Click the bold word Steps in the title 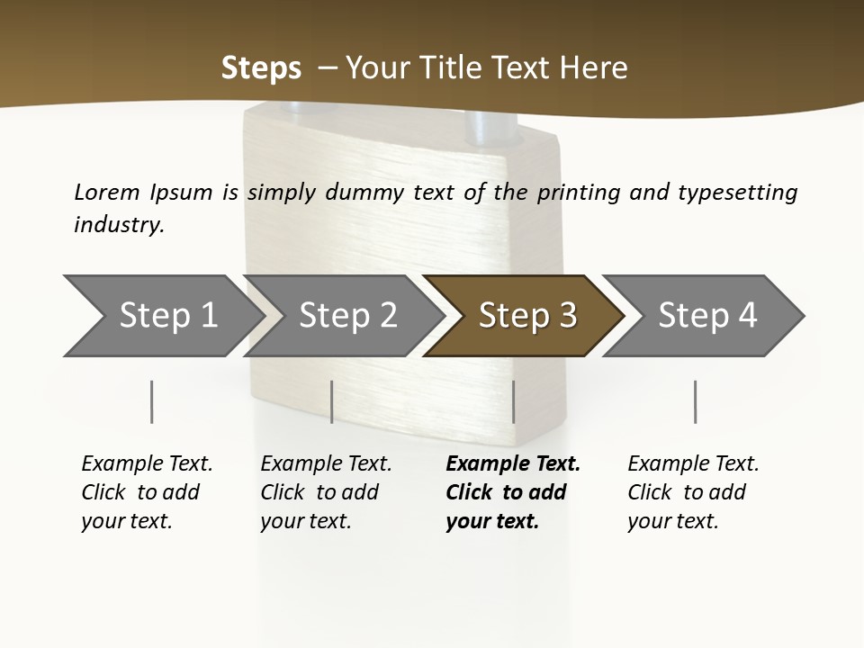coord(261,68)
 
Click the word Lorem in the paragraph coord(106,192)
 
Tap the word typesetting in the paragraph coord(737,192)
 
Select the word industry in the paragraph coord(119,224)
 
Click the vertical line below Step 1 coord(152,401)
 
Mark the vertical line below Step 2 coord(332,401)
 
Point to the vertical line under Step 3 coord(514,401)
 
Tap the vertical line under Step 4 coord(695,401)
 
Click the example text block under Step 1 coord(147,492)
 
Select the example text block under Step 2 coord(326,492)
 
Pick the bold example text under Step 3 coord(513,492)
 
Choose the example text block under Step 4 coord(693,492)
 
